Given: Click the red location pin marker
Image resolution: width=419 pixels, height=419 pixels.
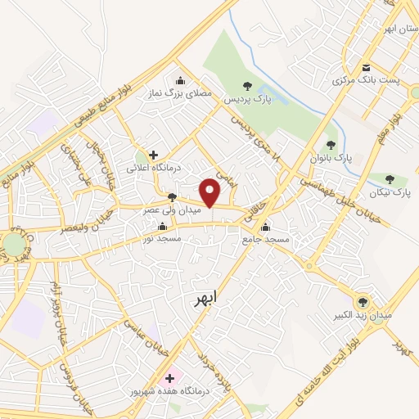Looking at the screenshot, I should pos(211,191).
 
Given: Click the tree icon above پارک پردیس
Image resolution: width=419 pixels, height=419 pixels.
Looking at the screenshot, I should pos(247,86).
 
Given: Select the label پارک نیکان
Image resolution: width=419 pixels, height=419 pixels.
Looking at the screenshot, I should pos(390,193).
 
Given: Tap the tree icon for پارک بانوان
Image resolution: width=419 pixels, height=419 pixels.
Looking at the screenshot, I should pos(331,144).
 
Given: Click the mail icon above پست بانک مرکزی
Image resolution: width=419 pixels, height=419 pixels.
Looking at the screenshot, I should pos(366,67).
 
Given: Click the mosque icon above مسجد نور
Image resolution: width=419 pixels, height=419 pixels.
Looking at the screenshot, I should pos(163,227).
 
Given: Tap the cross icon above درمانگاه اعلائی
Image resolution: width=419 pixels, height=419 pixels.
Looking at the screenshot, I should pos(154,154).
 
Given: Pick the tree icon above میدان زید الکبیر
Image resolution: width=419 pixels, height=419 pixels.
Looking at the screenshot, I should pos(363,301).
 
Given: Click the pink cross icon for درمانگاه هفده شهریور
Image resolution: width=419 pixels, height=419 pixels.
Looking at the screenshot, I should pos(170,378).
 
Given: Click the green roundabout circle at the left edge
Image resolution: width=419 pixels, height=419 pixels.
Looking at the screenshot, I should pos(13,244).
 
